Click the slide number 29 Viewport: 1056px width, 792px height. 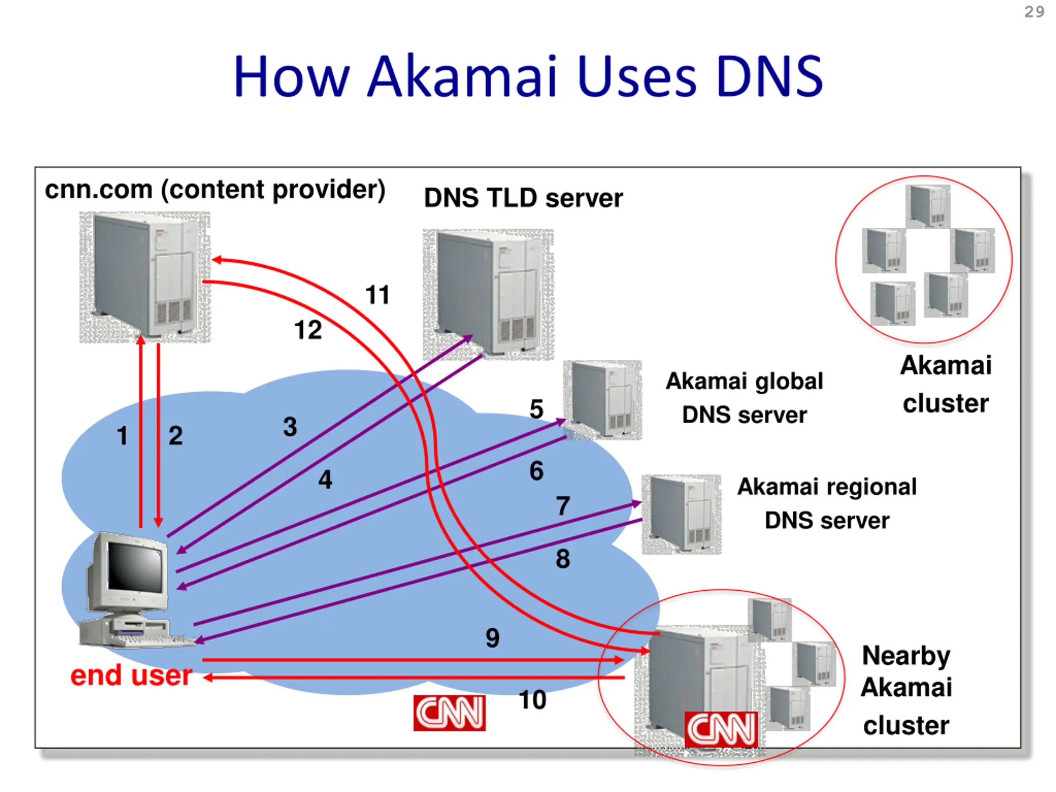[x=1034, y=12]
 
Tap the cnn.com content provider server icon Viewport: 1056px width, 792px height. [x=145, y=277]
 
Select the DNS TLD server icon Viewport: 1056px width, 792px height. [x=488, y=294]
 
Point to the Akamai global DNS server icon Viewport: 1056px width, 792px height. [x=603, y=400]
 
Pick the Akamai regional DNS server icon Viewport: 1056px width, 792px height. [x=681, y=514]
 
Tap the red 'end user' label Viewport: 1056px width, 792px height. [x=131, y=676]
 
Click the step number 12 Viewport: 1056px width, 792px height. [x=308, y=330]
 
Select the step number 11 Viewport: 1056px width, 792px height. [x=377, y=295]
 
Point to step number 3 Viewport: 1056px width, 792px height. [x=290, y=426]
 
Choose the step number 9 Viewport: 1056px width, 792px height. [x=492, y=638]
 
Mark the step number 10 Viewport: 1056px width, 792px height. [x=532, y=700]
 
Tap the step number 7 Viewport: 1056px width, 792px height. [x=563, y=506]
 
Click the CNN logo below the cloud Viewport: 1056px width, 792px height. [x=449, y=713]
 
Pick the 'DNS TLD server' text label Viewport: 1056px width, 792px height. [x=523, y=198]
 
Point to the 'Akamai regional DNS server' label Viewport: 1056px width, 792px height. [x=827, y=503]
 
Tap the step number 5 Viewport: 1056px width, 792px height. [x=536, y=409]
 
